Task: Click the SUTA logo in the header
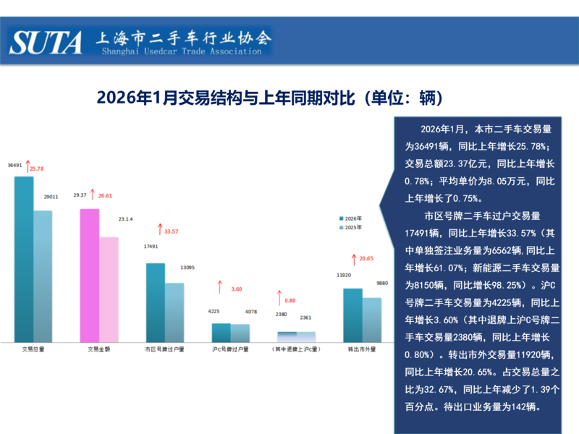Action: click(x=46, y=42)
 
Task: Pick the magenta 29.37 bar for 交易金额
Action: click(x=89, y=275)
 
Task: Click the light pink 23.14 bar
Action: click(x=109, y=289)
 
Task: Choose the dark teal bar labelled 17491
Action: click(x=156, y=302)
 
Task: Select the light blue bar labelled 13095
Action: click(x=174, y=312)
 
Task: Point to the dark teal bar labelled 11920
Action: click(x=352, y=315)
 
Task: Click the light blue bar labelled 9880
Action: click(x=371, y=319)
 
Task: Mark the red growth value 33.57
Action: click(x=172, y=231)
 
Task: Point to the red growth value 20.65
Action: click(x=366, y=258)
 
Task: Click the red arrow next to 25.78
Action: click(x=26, y=166)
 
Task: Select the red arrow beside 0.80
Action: click(x=279, y=298)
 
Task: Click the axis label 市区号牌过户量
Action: click(x=165, y=349)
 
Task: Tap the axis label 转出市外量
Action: click(x=362, y=349)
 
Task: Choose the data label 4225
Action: click(x=214, y=312)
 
